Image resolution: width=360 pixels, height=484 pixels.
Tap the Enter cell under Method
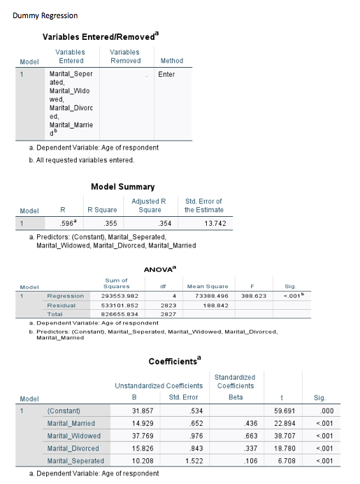point(166,73)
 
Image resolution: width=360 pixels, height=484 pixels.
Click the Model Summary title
point(123,187)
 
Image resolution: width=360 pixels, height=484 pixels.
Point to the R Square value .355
point(108,224)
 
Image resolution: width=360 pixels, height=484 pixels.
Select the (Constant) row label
point(63,411)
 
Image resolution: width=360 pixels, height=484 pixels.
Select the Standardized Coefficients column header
point(235,381)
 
